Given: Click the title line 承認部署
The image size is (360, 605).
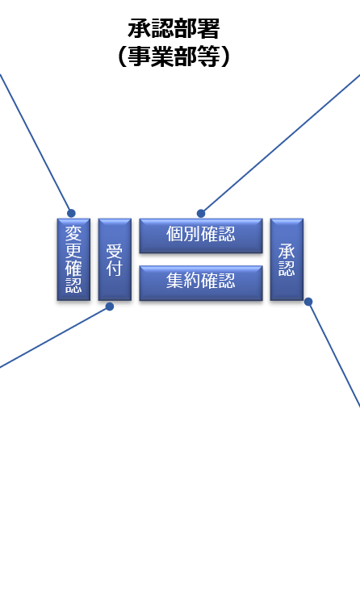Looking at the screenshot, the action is [174, 29].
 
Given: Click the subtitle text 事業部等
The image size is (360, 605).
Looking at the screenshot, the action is [174, 56].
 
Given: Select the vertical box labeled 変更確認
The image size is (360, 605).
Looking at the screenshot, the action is [73, 259].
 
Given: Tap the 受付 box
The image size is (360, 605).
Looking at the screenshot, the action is [115, 259].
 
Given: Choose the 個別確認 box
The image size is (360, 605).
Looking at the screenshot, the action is [201, 236].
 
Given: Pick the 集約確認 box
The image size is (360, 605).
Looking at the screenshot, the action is [201, 283].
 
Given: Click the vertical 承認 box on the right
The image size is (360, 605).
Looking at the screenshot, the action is [287, 259].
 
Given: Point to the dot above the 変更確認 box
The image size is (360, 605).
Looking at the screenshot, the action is [71, 213].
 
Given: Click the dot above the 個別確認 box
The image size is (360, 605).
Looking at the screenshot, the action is [201, 214].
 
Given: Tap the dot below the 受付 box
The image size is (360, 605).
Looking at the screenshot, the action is [110, 307].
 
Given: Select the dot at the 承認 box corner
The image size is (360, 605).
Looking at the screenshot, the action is [308, 302].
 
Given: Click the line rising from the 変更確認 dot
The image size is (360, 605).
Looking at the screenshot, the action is [36, 144].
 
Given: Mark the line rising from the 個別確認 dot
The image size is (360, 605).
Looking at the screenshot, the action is [280, 144].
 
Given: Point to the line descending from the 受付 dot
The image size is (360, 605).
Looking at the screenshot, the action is [55, 337].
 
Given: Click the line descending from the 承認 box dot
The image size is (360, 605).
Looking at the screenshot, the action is [334, 354].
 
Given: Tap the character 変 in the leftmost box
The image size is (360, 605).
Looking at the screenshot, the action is [73, 233].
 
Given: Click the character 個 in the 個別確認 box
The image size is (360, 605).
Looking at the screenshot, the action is [175, 234].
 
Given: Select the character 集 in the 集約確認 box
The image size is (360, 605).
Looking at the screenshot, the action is [175, 281].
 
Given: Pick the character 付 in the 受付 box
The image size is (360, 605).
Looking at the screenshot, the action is [115, 268].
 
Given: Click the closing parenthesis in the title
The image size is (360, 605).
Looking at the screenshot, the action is [225, 57].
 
